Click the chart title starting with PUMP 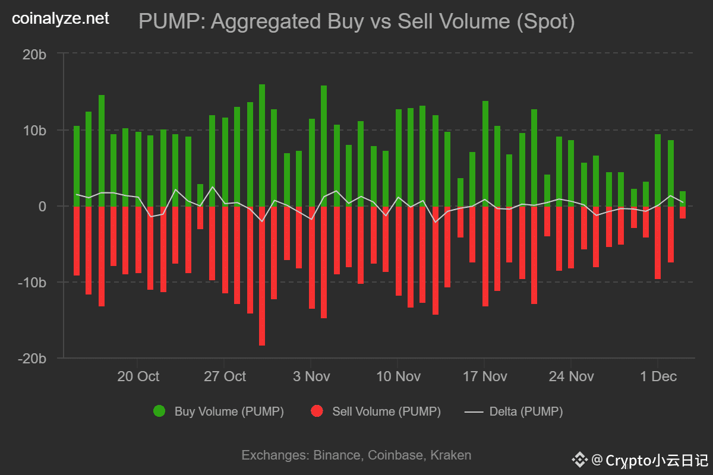click(356, 22)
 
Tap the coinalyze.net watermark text click(61, 19)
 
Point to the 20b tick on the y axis click(34, 54)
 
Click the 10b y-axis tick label click(34, 130)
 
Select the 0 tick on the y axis click(42, 206)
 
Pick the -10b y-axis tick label click(32, 282)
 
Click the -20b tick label click(32, 358)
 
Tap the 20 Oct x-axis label click(138, 376)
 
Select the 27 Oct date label click(225, 376)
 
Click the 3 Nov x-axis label click(311, 376)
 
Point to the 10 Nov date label click(398, 376)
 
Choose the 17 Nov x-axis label click(485, 376)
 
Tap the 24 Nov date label click(571, 376)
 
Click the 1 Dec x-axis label click(658, 376)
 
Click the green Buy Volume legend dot click(159, 411)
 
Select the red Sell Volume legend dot click(317, 411)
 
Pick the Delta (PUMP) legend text click(526, 411)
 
